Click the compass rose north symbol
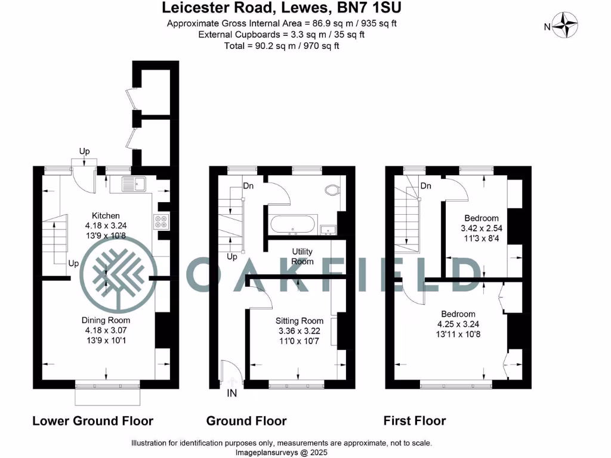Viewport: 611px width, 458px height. [565, 26]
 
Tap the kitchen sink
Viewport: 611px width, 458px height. [132, 184]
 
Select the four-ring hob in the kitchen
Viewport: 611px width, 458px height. [162, 222]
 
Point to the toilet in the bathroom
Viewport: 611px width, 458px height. [332, 190]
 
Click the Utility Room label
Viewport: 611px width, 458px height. [303, 256]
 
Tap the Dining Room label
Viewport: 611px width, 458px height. [106, 320]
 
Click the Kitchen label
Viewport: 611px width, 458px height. [106, 215]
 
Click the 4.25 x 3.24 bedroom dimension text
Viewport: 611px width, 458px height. [458, 324]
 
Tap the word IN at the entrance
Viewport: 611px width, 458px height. [233, 394]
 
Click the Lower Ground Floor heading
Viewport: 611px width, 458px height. [92, 421]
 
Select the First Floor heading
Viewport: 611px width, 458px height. [415, 421]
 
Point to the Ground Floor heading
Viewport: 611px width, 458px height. [246, 421]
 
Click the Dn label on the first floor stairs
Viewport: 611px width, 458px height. [425, 186]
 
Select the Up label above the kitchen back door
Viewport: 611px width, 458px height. [85, 151]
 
